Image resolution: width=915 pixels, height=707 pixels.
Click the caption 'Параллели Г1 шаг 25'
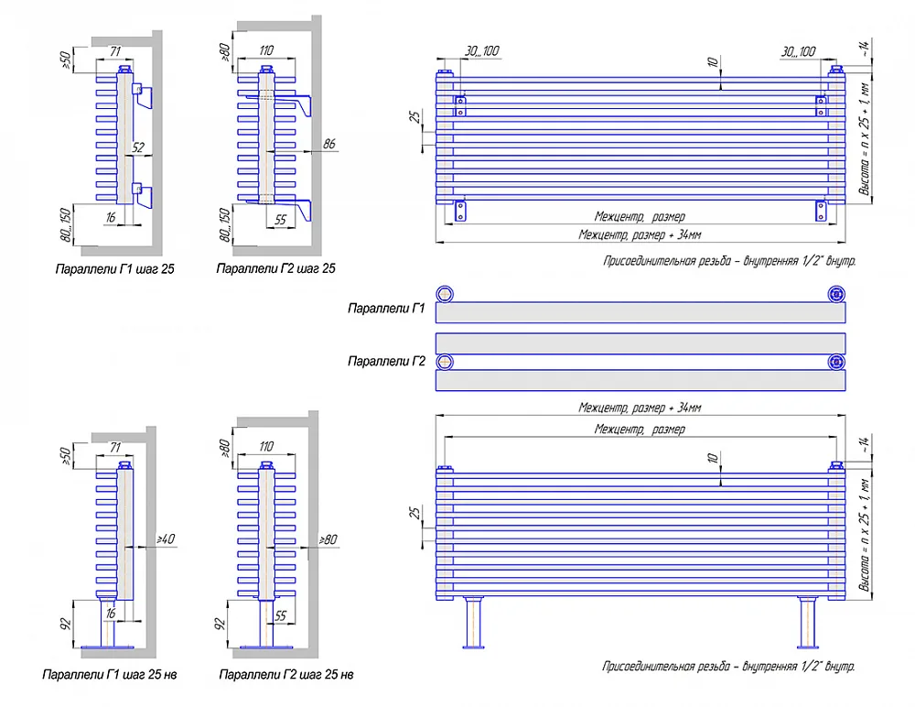coord(115,269)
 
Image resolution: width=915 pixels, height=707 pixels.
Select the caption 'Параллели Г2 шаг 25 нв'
coord(285,675)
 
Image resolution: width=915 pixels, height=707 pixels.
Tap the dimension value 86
coord(329,144)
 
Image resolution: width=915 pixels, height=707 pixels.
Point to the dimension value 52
coord(138,147)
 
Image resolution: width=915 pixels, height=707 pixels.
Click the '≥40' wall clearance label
coord(166,538)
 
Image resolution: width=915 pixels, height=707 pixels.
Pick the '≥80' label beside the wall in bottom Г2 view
coord(328,539)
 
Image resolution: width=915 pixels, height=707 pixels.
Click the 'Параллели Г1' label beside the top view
coord(386,308)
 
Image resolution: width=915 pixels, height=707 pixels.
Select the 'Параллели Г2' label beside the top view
coord(386,361)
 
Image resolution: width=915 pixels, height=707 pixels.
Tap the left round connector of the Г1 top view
coord(445,294)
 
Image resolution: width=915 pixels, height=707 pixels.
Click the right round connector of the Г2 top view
coord(836,363)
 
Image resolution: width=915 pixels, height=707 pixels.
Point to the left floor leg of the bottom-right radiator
coord(473,623)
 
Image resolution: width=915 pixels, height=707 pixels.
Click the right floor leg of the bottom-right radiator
coord(808,623)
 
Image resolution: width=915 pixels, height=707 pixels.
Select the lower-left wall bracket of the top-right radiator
coord(460,211)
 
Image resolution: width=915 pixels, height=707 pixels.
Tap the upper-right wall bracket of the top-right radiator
coord(821,105)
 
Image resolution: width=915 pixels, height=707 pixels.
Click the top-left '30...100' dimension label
coord(482,51)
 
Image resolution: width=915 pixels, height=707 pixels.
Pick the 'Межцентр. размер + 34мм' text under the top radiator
coord(640,234)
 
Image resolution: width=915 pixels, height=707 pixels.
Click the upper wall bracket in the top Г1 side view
coord(143,95)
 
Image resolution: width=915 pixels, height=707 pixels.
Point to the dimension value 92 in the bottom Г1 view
coord(67,624)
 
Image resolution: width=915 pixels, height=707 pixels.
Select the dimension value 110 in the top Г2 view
coord(266,51)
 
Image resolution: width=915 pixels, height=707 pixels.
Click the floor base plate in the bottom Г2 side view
coord(266,647)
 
